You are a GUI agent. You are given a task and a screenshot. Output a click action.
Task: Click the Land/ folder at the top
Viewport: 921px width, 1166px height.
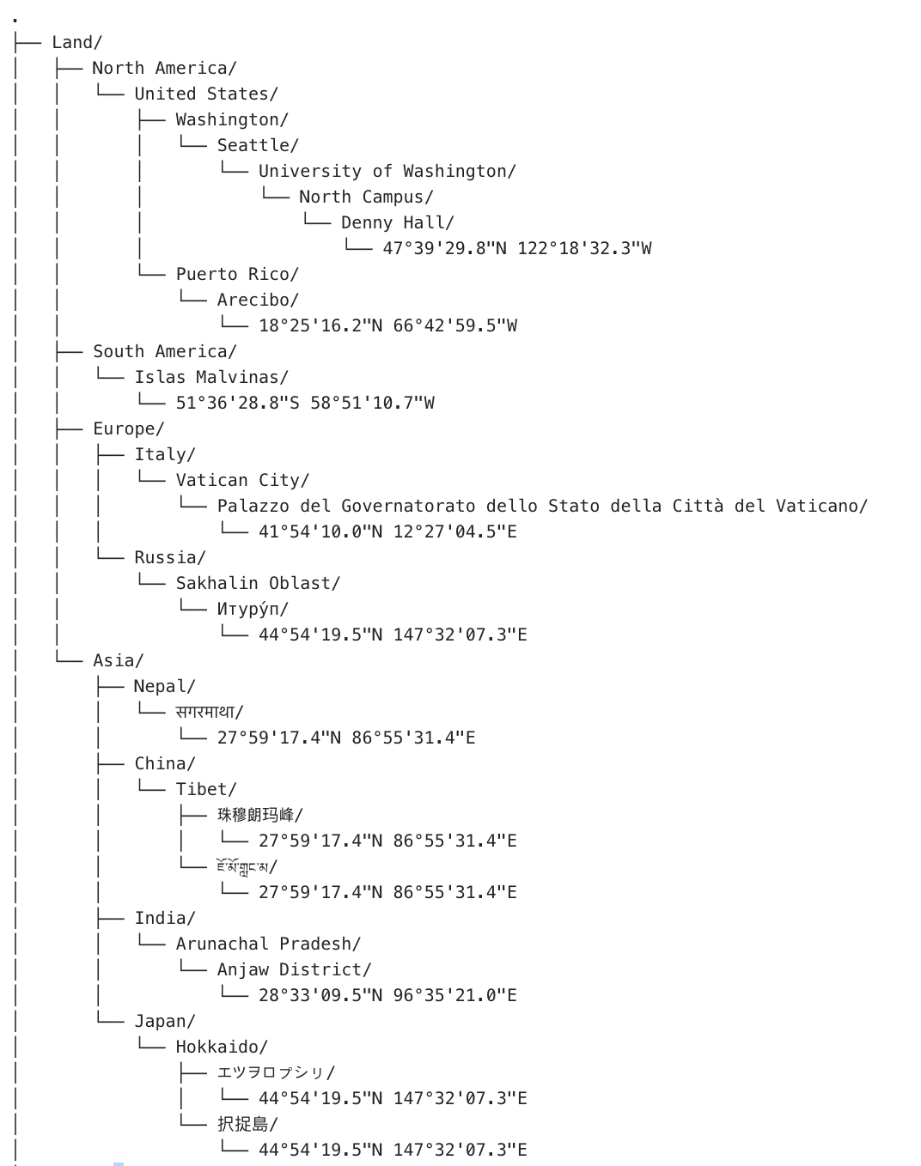[76, 42]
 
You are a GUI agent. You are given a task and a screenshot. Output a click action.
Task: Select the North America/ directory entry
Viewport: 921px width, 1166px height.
[163, 68]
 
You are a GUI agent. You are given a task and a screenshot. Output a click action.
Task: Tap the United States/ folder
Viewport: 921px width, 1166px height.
[205, 94]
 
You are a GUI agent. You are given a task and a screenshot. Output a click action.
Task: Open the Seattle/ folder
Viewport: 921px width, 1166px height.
[257, 145]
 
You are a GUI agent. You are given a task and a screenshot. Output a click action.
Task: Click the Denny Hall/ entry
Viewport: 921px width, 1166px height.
[397, 222]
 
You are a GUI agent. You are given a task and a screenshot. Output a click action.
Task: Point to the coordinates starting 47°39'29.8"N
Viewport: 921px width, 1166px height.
[516, 248]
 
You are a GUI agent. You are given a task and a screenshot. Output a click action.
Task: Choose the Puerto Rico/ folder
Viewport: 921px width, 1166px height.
[236, 274]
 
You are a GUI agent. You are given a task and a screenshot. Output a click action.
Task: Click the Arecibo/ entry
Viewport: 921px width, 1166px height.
[257, 300]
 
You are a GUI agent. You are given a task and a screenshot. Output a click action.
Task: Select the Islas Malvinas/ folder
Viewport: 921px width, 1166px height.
[210, 377]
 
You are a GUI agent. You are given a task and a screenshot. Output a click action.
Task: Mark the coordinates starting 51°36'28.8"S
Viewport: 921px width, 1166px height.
[305, 403]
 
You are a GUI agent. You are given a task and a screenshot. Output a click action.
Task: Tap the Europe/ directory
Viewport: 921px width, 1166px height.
[128, 428]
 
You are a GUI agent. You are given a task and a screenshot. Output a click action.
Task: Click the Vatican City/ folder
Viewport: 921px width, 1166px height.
[241, 480]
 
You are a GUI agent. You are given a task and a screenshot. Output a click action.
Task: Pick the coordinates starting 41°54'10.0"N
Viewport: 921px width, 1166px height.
[387, 531]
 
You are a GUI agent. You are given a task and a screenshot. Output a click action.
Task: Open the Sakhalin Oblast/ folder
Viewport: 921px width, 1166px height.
[258, 583]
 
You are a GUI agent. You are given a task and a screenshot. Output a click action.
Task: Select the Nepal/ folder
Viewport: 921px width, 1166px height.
[164, 686]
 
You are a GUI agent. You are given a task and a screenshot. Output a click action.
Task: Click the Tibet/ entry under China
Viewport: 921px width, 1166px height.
[205, 789]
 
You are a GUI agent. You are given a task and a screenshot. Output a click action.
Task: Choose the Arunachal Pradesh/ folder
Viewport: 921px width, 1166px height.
[268, 944]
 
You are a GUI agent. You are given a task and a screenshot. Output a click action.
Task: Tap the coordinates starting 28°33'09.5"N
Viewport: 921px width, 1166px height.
[387, 995]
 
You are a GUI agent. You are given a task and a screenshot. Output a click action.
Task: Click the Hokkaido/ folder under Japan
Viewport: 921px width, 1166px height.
[221, 1047]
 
